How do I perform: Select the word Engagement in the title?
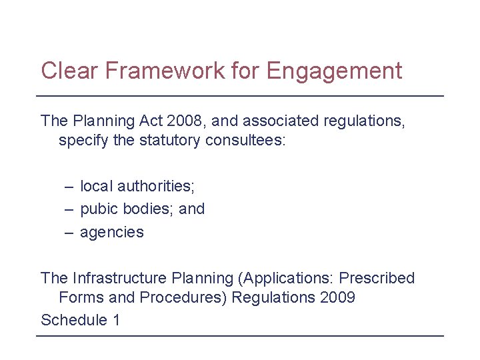coord(335,71)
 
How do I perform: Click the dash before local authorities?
coord(69,186)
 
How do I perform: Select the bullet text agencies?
coord(112,233)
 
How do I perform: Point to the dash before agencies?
coord(69,232)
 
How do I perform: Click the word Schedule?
coord(74,320)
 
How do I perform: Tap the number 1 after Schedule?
coord(117,320)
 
